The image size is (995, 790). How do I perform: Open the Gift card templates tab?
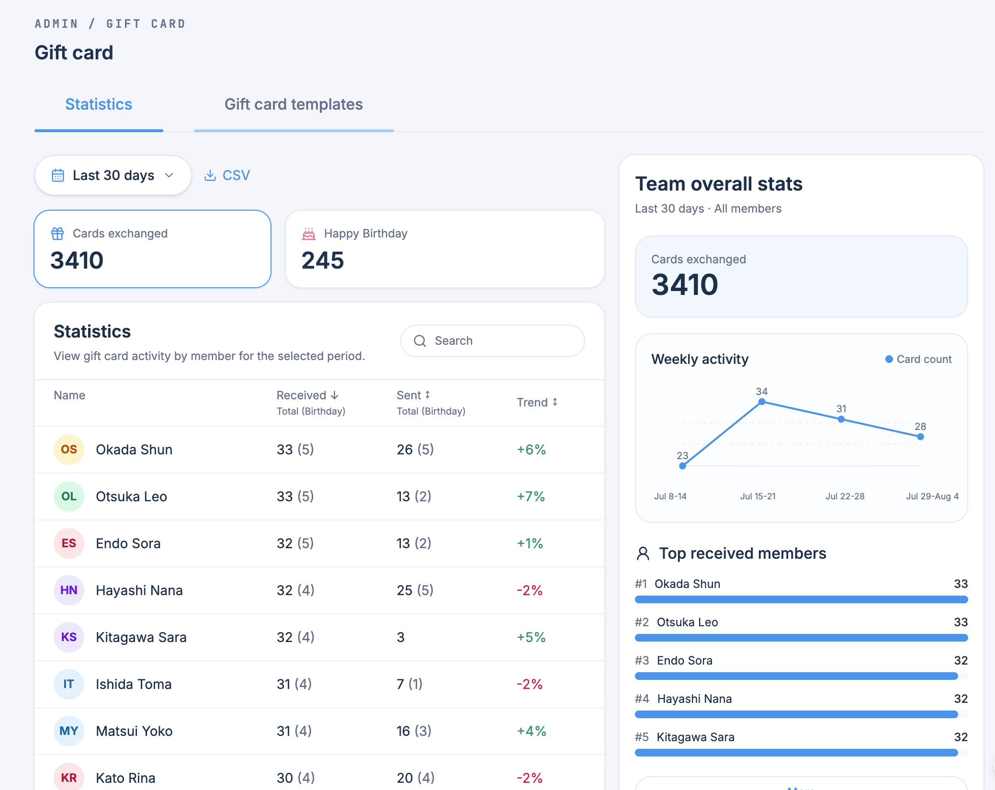(294, 104)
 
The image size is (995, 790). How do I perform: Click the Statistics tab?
(99, 104)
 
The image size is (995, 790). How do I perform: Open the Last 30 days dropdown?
(113, 175)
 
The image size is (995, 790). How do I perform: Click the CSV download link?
(227, 175)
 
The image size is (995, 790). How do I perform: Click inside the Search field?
(492, 341)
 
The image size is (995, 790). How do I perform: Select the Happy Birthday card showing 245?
(445, 249)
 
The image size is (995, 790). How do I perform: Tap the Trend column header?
(537, 402)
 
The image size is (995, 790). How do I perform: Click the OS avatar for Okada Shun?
(69, 450)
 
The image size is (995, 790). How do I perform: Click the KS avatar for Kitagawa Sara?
(69, 637)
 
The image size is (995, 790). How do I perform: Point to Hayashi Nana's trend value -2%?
(530, 590)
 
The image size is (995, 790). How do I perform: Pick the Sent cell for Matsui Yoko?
(414, 731)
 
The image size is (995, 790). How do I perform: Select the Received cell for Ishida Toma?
(294, 684)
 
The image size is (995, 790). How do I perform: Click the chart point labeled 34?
(762, 402)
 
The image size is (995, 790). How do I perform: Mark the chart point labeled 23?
(683, 466)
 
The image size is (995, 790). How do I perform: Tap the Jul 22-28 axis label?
(845, 496)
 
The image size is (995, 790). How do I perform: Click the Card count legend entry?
(918, 359)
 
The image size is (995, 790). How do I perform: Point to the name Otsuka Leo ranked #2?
(688, 622)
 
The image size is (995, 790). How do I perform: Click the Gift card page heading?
(74, 53)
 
